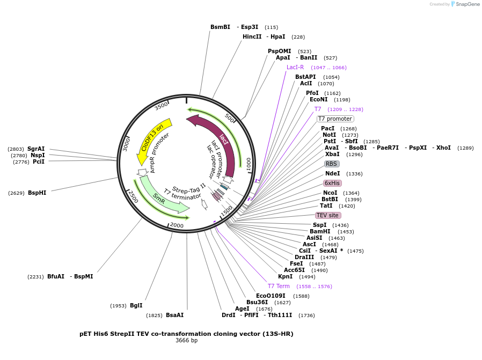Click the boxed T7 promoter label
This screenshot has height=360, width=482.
335,119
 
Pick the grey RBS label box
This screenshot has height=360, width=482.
332,164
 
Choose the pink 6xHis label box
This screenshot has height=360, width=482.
332,183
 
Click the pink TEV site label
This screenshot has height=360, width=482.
327,215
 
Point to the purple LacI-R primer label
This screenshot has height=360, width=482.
295,68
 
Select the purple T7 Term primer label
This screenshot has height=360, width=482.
279,286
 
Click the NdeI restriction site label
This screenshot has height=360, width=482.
333,173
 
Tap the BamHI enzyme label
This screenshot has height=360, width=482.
320,231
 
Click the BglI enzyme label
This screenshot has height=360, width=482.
136,305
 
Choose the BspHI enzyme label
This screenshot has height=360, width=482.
37,193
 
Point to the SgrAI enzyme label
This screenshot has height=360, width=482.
36,149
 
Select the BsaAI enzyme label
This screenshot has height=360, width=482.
174,315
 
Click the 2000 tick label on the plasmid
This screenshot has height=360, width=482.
177,226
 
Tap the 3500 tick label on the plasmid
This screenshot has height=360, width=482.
161,106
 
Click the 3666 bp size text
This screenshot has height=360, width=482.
186,340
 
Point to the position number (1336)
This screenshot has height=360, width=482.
354,174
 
